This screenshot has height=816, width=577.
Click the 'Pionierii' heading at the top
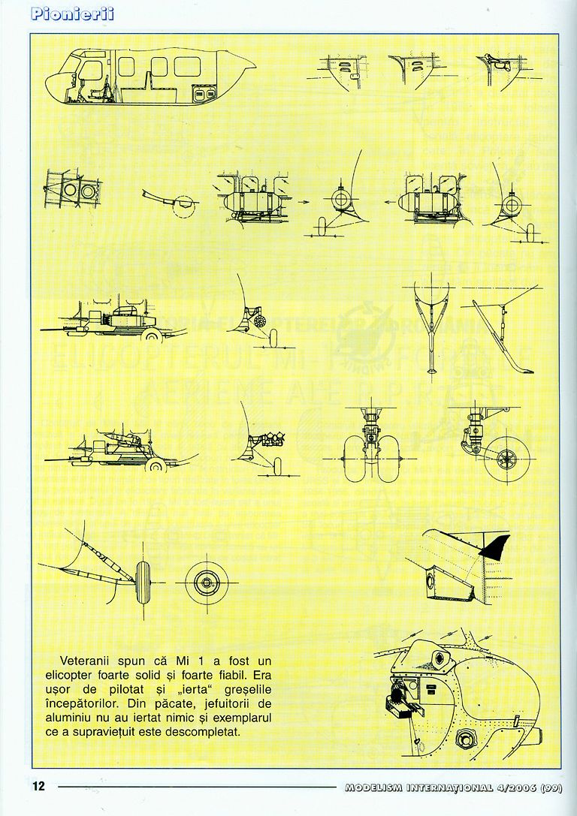pyautogui.click(x=73, y=14)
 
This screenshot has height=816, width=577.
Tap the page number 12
pyautogui.click(x=38, y=787)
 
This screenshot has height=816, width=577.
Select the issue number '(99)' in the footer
pyautogui.click(x=551, y=787)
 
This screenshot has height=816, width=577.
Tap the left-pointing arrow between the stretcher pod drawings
pyautogui.click(x=385, y=202)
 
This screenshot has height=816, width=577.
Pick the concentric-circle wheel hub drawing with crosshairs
pyautogui.click(x=204, y=581)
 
